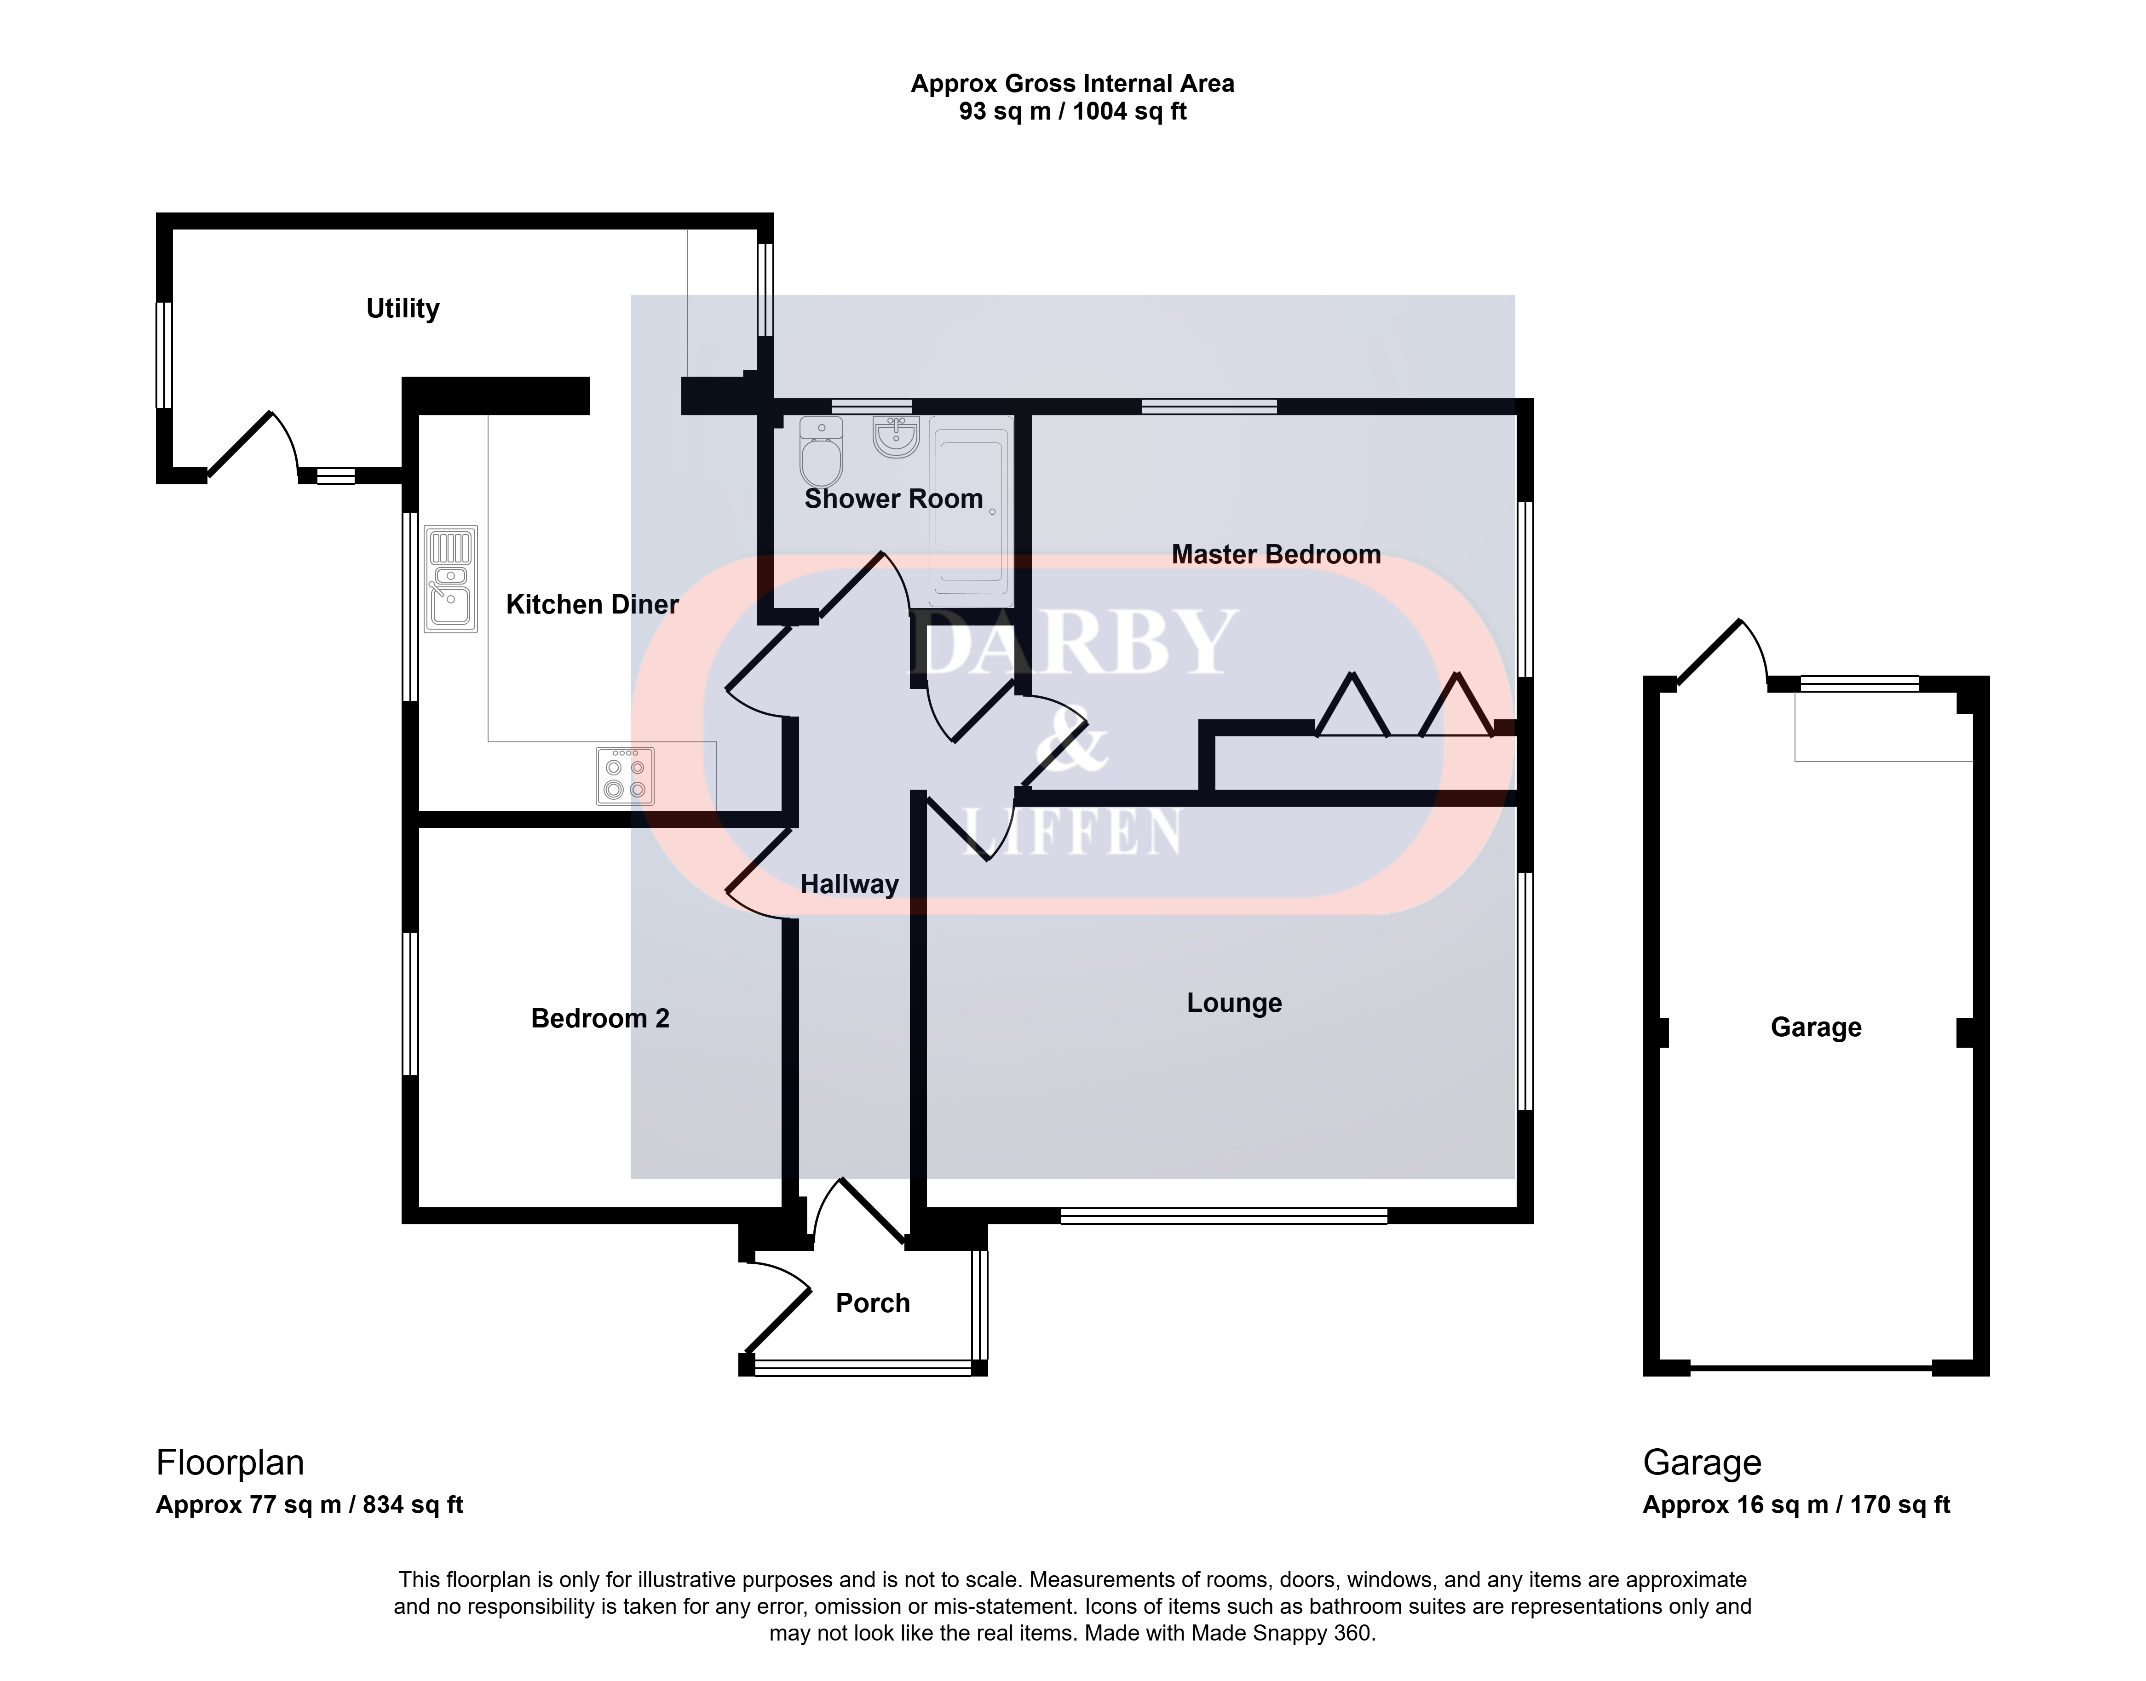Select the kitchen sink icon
click(x=451, y=579)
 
